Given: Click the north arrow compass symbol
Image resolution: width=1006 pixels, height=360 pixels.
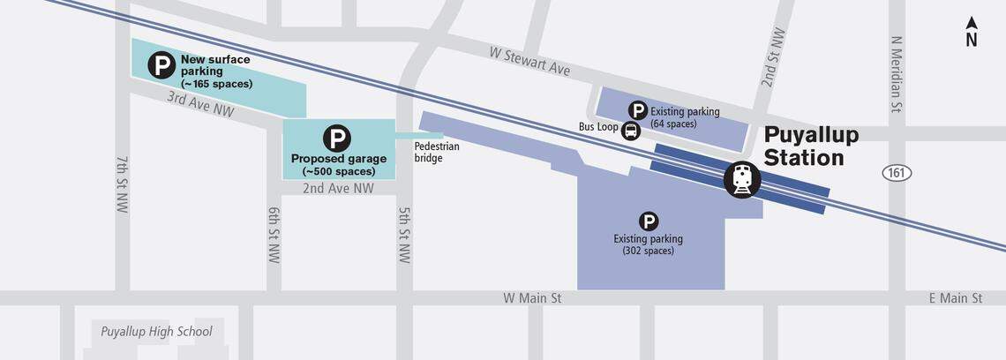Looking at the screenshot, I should (x=971, y=31).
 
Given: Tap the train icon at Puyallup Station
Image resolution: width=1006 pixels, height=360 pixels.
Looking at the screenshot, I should (x=741, y=179).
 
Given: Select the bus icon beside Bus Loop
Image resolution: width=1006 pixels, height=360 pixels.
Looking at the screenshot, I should (x=631, y=131).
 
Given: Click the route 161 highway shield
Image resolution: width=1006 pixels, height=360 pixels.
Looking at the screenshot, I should (x=897, y=173).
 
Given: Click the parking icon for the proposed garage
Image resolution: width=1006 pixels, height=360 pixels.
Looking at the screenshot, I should (x=336, y=139).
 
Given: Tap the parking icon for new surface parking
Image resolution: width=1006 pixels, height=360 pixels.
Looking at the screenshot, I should (x=161, y=64).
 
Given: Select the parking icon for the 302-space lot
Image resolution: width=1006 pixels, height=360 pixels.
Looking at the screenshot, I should (x=649, y=221).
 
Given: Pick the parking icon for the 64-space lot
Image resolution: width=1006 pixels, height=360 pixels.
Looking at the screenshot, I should (x=637, y=110).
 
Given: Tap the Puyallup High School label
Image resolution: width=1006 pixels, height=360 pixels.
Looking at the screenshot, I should (x=156, y=332).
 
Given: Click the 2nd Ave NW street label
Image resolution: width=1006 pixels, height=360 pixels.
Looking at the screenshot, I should (x=338, y=188).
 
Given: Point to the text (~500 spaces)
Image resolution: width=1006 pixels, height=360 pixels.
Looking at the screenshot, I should (x=338, y=171).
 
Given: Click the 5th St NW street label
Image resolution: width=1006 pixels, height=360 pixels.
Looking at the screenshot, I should (x=404, y=235).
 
